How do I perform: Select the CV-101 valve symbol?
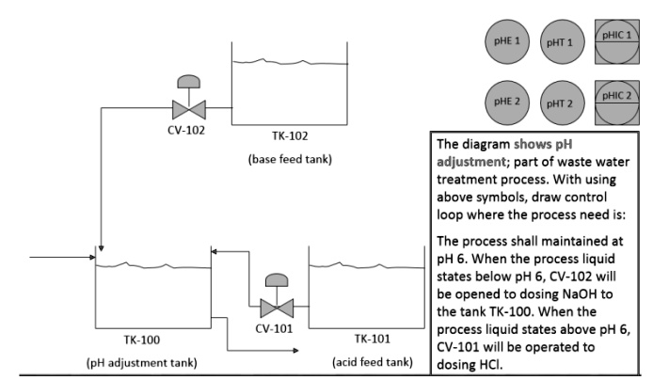coord(276,306)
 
